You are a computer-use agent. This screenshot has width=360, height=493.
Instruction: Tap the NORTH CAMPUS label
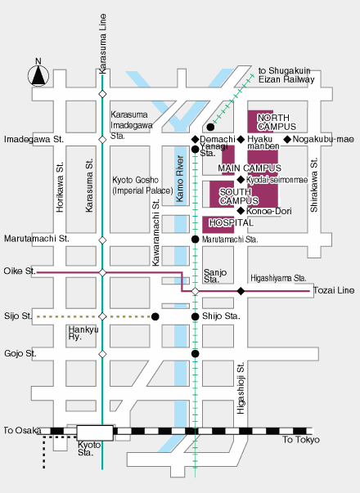coord(277,122)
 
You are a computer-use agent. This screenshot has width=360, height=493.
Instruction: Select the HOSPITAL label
coord(232,222)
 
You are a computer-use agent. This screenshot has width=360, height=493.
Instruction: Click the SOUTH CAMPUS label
coord(239,196)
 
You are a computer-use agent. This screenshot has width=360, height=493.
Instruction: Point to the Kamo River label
coord(180,178)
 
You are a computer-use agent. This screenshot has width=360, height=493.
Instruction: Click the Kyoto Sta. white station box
coord(95,433)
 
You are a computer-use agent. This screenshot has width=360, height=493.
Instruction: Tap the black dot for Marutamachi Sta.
coord(195,240)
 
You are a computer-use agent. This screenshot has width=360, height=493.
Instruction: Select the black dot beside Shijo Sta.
coord(195,316)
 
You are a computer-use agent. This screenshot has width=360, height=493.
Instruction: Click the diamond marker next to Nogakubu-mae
coord(287,139)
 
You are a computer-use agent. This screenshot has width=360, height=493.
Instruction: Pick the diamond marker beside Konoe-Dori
coord(241,211)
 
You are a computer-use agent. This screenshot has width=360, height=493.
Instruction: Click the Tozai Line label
coord(334,290)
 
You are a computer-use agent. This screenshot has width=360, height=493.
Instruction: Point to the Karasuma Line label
coord(102,43)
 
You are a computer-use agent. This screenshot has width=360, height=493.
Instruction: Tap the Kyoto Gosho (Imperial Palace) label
coord(142,186)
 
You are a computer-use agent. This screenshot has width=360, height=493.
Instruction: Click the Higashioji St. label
coord(241,388)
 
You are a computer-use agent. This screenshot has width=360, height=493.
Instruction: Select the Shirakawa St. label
coord(313,185)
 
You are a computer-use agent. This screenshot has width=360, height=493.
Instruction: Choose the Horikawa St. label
coord(60,187)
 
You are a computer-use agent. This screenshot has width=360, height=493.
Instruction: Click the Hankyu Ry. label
coord(83,333)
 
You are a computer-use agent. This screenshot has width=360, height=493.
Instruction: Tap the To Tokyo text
coord(301,440)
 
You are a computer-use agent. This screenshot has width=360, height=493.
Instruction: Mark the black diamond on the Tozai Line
coord(241,291)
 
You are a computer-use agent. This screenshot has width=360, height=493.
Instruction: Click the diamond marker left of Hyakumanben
coord(241,139)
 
